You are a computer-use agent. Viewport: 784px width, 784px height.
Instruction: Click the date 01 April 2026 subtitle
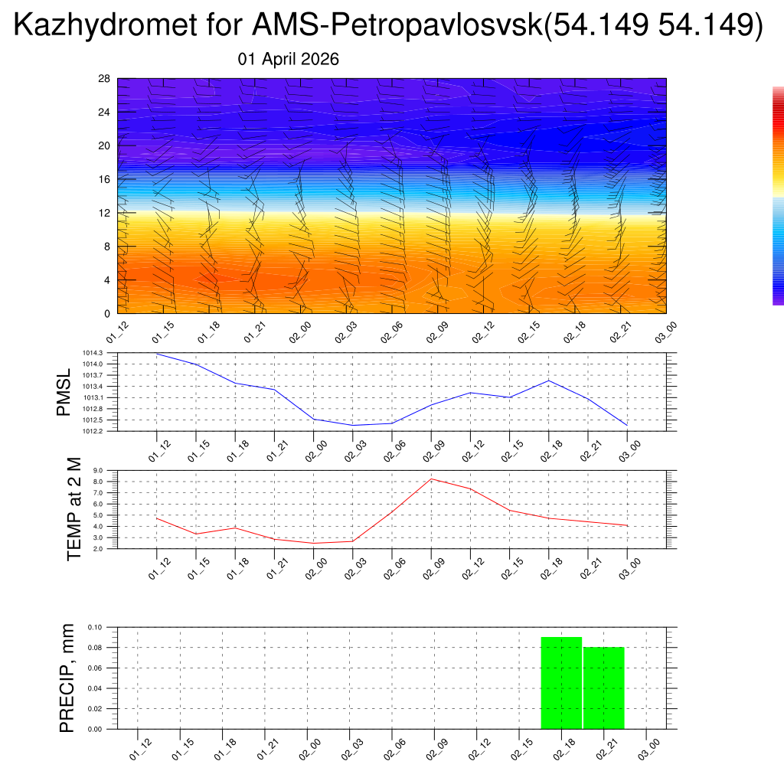289,60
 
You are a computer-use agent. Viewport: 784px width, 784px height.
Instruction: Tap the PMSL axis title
63,391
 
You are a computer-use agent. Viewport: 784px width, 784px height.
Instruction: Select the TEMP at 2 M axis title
73,508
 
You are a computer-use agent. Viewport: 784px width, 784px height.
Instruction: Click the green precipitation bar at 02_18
561,683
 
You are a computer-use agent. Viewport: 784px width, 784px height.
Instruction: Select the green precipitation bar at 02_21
604,688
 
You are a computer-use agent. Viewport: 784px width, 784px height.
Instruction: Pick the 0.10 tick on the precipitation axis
94,627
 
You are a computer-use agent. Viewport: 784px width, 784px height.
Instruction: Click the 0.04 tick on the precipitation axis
94,688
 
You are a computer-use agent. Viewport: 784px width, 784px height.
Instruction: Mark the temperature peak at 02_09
431,479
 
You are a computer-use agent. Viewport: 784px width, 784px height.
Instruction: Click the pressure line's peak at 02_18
548,381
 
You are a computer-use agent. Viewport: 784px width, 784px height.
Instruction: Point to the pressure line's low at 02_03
352,425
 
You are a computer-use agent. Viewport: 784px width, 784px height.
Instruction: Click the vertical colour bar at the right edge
778,195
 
